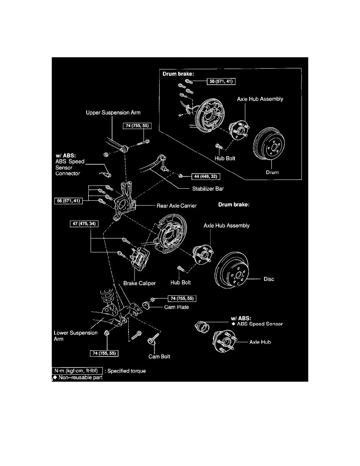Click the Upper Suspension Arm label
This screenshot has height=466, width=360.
pyautogui.click(x=113, y=113)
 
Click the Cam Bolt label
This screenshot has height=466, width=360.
pyautogui.click(x=159, y=357)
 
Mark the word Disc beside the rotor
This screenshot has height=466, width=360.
pyautogui.click(x=269, y=279)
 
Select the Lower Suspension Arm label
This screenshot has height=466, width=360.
pyautogui.click(x=70, y=336)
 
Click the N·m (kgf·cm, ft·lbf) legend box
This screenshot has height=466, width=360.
pyautogui.click(x=78, y=370)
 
